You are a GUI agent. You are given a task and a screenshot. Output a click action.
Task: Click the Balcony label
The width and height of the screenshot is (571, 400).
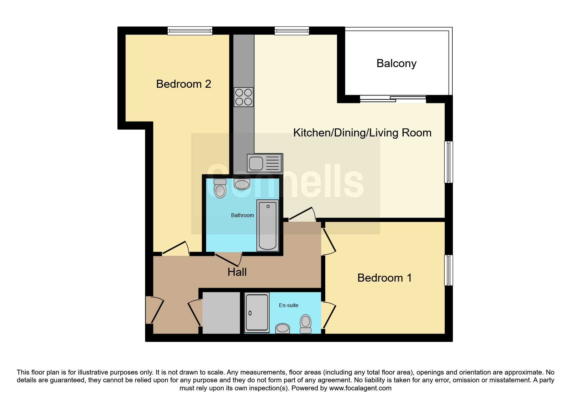click(396, 64)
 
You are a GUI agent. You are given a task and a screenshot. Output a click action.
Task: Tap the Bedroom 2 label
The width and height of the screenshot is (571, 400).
click(183, 84)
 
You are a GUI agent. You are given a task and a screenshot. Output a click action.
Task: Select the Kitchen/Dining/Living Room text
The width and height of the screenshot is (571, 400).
click(362, 133)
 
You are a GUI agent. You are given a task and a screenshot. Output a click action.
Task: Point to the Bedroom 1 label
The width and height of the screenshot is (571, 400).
click(384, 278)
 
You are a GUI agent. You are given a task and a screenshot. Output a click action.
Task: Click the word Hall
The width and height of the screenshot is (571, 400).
click(237, 272)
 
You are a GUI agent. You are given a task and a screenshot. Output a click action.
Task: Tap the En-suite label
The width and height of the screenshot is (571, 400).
click(289, 305)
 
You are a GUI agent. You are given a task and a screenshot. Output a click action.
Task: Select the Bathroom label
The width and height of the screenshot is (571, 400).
click(242, 215)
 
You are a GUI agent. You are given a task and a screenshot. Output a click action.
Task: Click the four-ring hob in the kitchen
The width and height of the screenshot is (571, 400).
click(243, 97)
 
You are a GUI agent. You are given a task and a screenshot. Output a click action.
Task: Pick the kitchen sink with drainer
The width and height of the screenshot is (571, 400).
click(265, 163)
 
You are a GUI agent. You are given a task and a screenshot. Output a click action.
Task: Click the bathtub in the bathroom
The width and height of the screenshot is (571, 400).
click(268, 225)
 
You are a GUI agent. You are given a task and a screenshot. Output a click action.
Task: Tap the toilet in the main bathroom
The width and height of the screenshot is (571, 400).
click(220, 188)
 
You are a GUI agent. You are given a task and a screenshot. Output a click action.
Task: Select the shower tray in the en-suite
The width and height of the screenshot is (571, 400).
click(257, 313)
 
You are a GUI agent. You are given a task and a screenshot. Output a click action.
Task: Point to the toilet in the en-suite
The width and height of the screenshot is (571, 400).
click(306, 324)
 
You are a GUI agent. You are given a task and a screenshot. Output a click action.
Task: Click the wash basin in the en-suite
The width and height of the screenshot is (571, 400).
click(282, 328)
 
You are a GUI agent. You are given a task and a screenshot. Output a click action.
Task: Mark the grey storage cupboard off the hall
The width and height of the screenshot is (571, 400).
click(222, 313)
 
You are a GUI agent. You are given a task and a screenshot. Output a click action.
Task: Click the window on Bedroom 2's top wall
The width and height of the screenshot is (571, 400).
click(190, 31)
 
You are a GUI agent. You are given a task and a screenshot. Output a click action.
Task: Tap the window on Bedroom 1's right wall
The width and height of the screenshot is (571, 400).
click(448, 270)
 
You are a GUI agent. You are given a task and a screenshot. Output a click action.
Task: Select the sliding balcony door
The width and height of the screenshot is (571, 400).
click(393, 99)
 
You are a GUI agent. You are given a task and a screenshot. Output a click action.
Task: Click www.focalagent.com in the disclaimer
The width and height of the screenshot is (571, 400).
click(360, 388)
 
